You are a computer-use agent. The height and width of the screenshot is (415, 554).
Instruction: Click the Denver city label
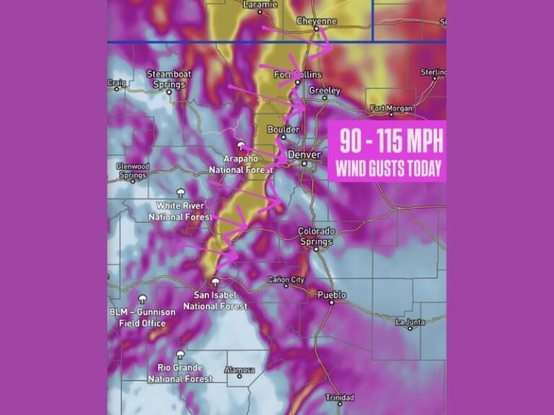point(304,154)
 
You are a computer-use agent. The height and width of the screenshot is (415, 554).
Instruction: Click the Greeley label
point(324,91)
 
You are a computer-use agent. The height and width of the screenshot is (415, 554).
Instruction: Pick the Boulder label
point(283,130)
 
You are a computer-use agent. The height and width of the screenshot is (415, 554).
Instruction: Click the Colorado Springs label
point(317,236)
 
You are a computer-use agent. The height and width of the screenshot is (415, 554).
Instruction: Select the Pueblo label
point(332,295)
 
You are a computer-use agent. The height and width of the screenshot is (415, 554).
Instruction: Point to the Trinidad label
point(340,397)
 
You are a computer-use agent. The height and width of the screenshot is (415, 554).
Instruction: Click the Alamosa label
point(239,370)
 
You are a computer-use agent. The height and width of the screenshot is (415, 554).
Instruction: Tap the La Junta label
point(410,321)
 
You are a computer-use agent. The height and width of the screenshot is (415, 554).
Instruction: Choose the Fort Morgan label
point(392,109)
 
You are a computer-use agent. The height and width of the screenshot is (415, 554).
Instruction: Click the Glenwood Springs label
point(132,170)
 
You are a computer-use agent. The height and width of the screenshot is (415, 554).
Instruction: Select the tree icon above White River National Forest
point(180,192)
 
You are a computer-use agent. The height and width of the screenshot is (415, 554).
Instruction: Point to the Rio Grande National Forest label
point(180,372)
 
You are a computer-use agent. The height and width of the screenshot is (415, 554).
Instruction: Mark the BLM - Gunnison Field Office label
point(142,317)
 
